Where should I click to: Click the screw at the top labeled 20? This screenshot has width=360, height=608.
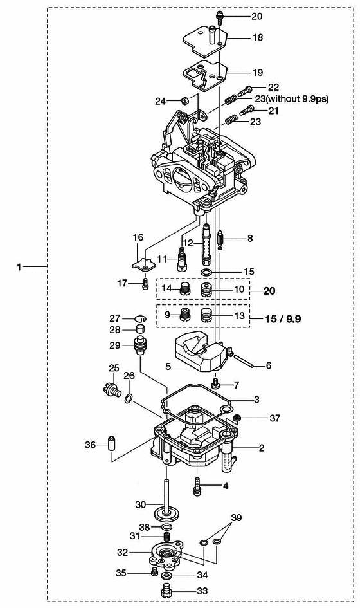[x=219, y=17]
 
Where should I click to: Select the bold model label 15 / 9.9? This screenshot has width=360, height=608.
[x=283, y=318]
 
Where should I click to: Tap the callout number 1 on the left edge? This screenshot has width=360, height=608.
[x=19, y=267]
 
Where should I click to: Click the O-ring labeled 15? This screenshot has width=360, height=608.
[x=207, y=272]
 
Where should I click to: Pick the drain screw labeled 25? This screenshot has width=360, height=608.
[x=111, y=389]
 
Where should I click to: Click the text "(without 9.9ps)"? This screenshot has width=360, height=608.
[x=297, y=99]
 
